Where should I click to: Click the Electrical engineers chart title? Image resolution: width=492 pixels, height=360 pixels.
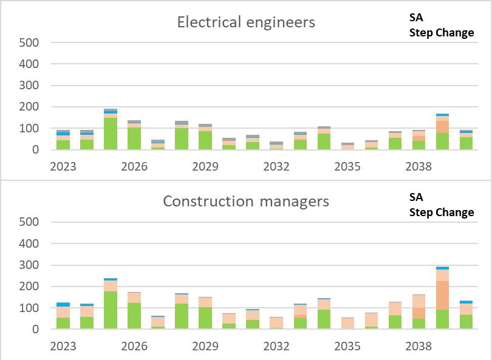(246, 22)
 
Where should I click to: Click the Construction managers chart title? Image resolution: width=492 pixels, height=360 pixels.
(246, 201)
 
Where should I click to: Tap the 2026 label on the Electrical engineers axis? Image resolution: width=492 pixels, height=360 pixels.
(134, 166)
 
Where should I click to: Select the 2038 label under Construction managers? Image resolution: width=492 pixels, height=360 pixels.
(419, 345)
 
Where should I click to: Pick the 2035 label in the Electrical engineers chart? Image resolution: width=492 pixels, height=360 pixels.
(347, 166)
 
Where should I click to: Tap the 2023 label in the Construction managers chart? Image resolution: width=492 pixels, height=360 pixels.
(63, 345)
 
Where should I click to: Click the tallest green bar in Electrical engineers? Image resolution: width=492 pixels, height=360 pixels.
(111, 133)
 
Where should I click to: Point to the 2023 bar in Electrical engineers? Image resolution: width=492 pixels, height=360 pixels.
(63, 140)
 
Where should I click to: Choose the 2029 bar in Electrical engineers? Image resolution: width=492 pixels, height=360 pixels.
(205, 137)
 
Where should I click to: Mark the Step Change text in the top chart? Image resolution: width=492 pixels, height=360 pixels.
(442, 33)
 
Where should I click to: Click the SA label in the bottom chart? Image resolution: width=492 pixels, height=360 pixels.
(416, 197)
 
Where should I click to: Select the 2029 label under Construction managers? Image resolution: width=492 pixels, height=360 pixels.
(205, 345)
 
